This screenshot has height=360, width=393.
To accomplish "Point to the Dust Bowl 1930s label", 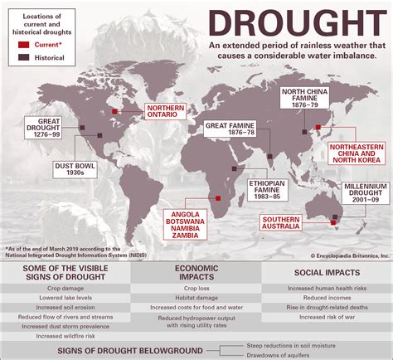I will click(x=73, y=168).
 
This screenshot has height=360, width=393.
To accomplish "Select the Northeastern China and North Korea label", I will click(x=357, y=155).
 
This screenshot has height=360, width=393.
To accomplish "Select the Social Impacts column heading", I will click(x=327, y=272).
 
